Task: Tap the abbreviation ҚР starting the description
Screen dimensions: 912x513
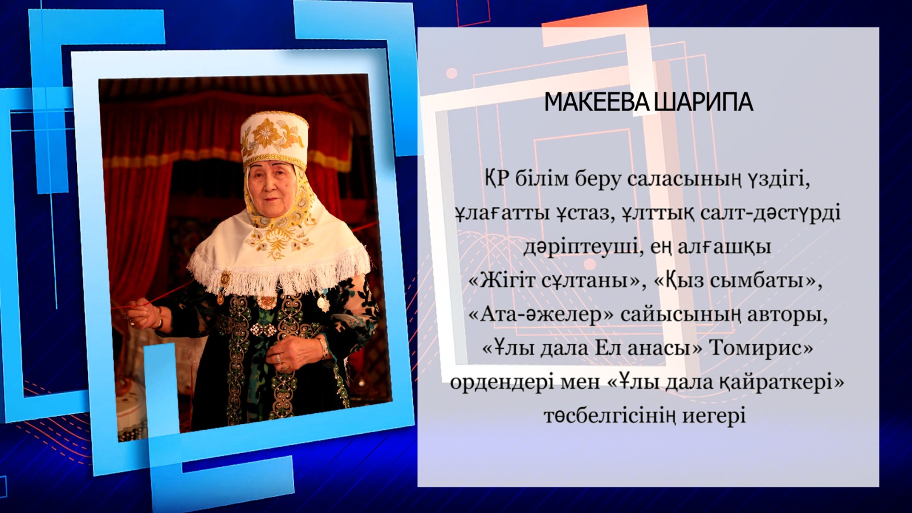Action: coord(497,178)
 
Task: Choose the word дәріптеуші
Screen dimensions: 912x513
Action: coord(577,248)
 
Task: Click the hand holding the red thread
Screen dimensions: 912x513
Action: coord(144,314)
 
